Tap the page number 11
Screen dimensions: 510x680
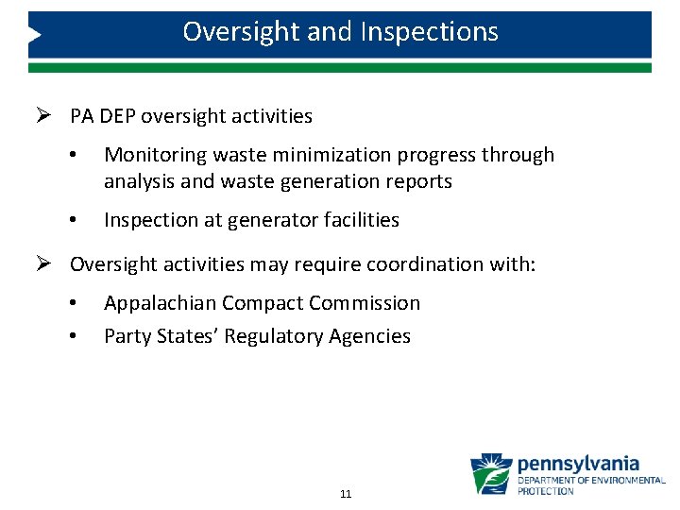345,494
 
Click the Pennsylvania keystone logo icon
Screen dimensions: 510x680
491,474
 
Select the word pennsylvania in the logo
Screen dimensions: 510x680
578,465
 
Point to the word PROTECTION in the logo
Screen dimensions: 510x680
545,491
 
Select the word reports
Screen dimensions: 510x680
419,181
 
